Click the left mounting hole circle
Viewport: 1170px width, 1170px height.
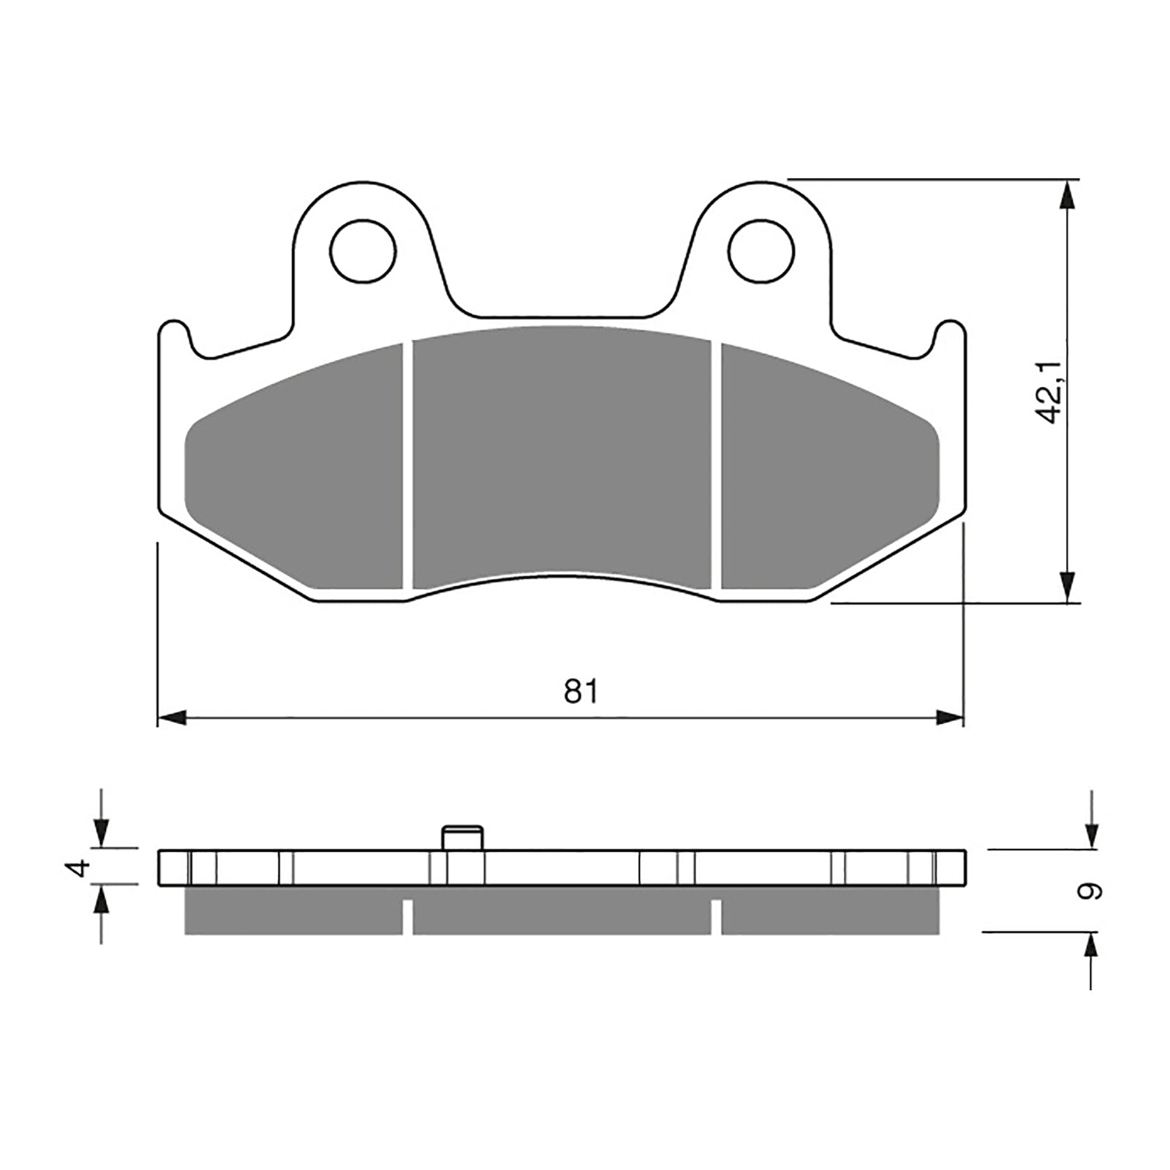click(363, 250)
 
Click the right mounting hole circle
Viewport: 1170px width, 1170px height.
click(761, 250)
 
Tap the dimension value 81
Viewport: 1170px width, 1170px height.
click(581, 691)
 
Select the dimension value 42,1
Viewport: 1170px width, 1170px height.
click(1051, 392)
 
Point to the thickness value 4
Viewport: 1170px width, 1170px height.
click(81, 868)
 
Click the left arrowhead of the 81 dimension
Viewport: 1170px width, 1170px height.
click(172, 719)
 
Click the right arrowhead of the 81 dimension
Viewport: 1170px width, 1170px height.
click(951, 719)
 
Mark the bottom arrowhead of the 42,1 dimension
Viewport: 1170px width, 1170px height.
click(1069, 588)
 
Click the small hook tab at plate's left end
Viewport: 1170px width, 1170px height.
click(173, 333)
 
